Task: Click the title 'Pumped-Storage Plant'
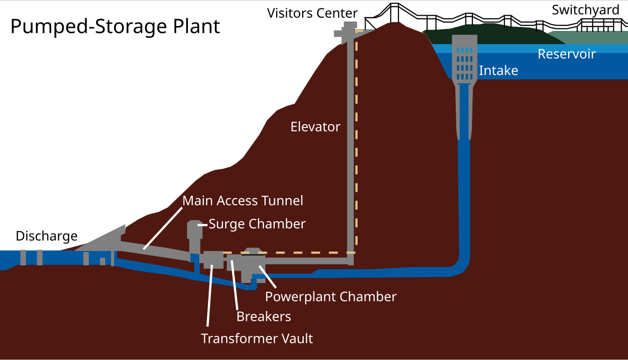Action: (115, 26)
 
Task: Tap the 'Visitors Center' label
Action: (313, 13)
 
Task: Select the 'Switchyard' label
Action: (585, 10)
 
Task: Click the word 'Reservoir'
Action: (567, 54)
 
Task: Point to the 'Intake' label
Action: (498, 71)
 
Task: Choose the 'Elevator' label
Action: (315, 127)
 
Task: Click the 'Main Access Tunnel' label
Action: (243, 201)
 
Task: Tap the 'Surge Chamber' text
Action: (257, 224)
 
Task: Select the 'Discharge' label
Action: (47, 236)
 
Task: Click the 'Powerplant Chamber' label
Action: (331, 297)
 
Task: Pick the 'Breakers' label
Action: (263, 317)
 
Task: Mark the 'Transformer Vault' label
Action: (257, 339)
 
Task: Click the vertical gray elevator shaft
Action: (350, 147)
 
